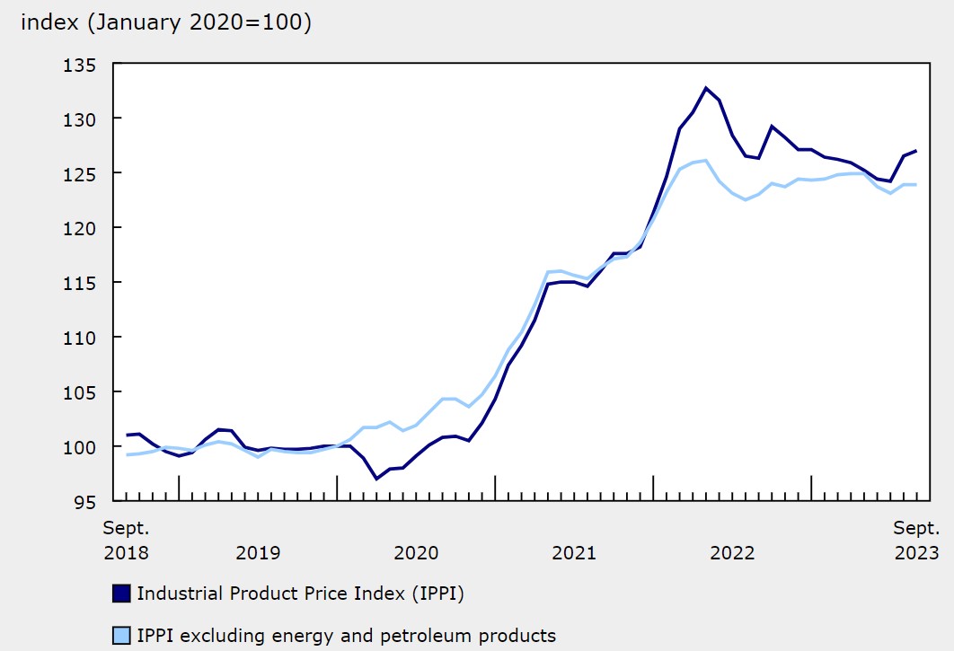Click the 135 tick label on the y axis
[80, 64]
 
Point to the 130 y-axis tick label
[80, 119]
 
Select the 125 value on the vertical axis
[80, 173]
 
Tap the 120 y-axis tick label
[80, 228]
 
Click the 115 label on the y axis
[80, 283]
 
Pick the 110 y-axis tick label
[80, 338]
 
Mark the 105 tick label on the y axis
[80, 392]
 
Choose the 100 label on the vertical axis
[80, 447]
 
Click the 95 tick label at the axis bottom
[85, 502]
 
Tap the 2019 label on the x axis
[258, 552]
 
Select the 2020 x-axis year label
[416, 552]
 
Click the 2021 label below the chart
[574, 552]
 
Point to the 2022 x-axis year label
[732, 552]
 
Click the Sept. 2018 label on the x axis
[127, 540]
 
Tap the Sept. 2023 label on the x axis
[916, 540]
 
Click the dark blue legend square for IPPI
[122, 594]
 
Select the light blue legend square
[122, 636]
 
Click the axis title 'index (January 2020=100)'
[166, 23]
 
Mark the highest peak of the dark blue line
[706, 88]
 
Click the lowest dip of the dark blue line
[376, 479]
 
